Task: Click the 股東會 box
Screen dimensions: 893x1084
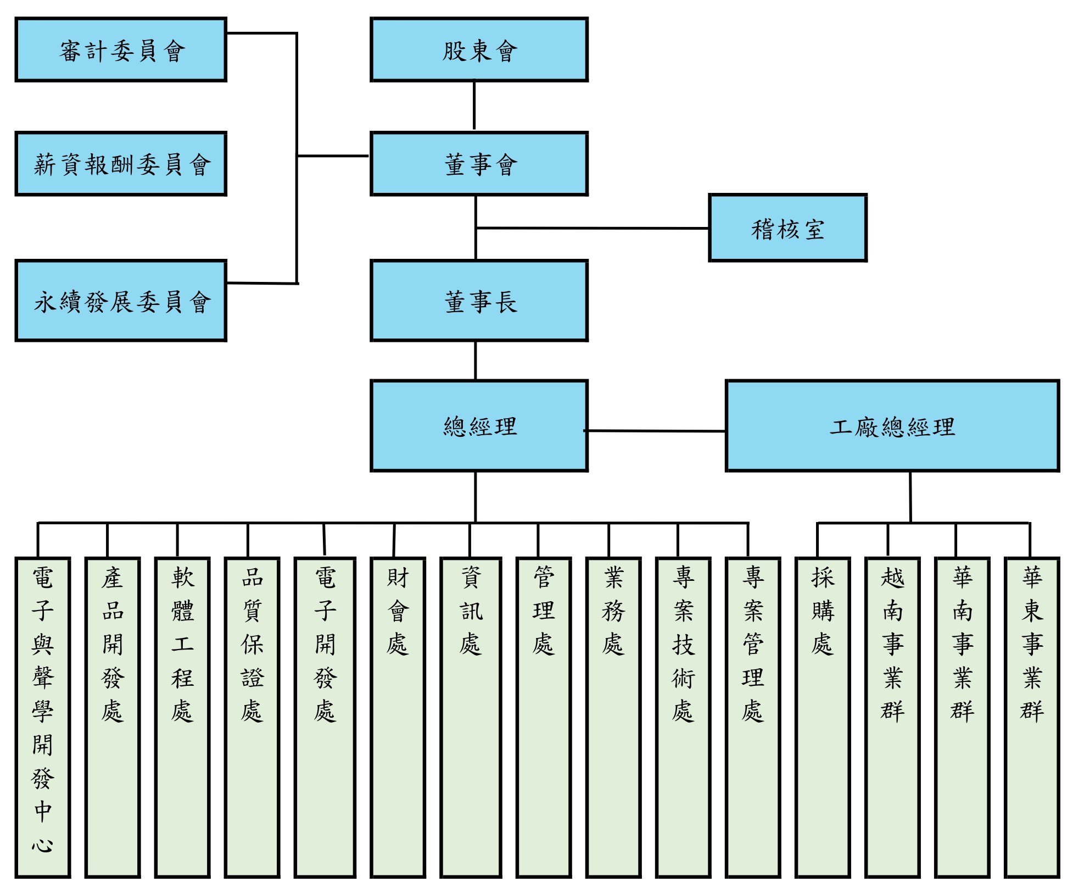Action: tap(479, 50)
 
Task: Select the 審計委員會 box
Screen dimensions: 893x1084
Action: tap(121, 50)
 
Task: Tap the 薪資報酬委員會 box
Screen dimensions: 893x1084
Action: tap(121, 164)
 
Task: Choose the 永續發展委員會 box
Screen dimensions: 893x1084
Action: tap(121, 301)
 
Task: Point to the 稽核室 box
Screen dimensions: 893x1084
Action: tap(787, 228)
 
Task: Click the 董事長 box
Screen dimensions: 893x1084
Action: tap(479, 301)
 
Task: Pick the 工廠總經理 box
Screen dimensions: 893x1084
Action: tap(892, 426)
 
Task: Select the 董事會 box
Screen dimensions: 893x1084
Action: tap(479, 164)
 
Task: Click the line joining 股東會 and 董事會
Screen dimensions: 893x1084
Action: tap(474, 106)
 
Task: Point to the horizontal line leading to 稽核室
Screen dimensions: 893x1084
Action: tap(593, 228)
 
